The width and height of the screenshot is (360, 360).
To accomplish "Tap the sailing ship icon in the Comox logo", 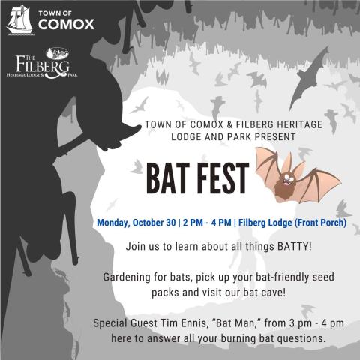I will tap(18, 20).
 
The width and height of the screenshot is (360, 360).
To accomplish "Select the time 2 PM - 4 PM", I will tap(205, 222).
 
